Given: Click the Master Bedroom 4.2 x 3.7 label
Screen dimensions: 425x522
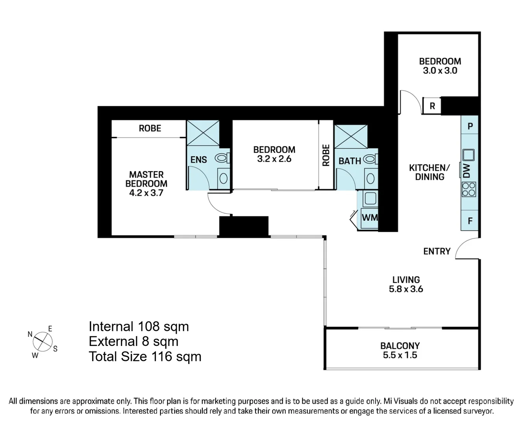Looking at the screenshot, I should tap(146, 184).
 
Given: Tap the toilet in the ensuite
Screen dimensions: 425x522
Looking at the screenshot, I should tap(222, 158).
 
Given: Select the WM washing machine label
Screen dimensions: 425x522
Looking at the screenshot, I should tap(369, 217).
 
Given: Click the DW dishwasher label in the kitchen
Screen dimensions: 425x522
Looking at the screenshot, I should tap(466, 171).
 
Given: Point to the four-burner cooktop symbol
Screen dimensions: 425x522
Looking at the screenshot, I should tap(469, 189).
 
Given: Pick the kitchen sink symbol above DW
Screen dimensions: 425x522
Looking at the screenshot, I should tap(468, 155).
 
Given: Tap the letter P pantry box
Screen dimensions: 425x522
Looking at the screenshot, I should tap(470, 127).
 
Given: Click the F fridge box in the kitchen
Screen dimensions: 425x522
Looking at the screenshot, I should tap(470, 221).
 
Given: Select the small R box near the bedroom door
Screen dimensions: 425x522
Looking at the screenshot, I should tap(432, 106).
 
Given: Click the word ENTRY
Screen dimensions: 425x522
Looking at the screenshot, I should tap(437, 251).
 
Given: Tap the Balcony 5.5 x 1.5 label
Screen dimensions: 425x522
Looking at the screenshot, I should tap(400, 351).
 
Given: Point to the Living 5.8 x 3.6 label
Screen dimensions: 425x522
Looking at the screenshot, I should tap(406, 285).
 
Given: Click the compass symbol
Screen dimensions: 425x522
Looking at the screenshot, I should tap(43, 341).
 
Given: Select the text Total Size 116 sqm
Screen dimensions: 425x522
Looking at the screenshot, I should tap(145, 357).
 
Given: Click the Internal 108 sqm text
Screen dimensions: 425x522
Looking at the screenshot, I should tap(139, 327).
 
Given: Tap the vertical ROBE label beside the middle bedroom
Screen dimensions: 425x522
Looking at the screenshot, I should tap(326, 155).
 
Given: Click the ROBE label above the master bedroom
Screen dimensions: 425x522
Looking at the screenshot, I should tap(150, 128).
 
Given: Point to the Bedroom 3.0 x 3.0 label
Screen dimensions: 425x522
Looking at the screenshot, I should tap(440, 66).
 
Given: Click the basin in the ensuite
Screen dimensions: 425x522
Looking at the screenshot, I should tap(223, 178).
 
